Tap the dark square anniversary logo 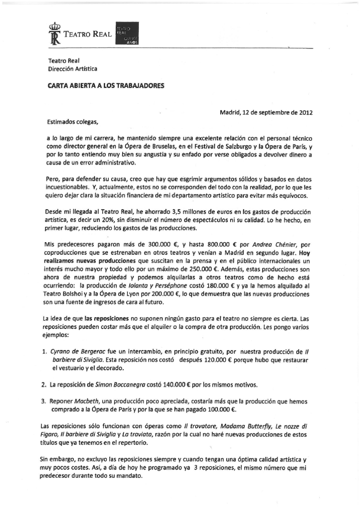click(x=127, y=33)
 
